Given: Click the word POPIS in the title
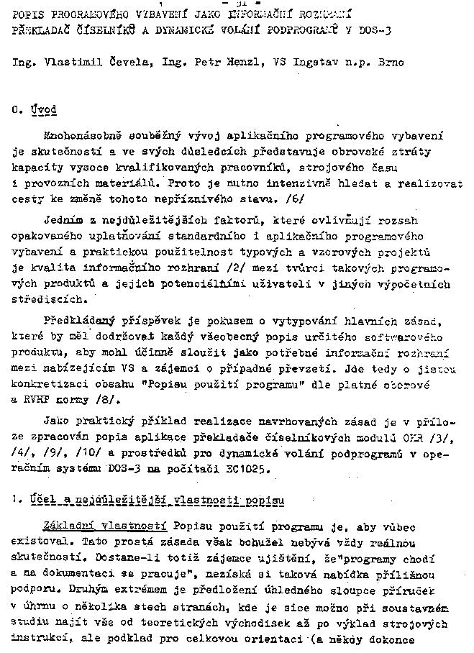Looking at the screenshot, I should (x=28, y=12).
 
